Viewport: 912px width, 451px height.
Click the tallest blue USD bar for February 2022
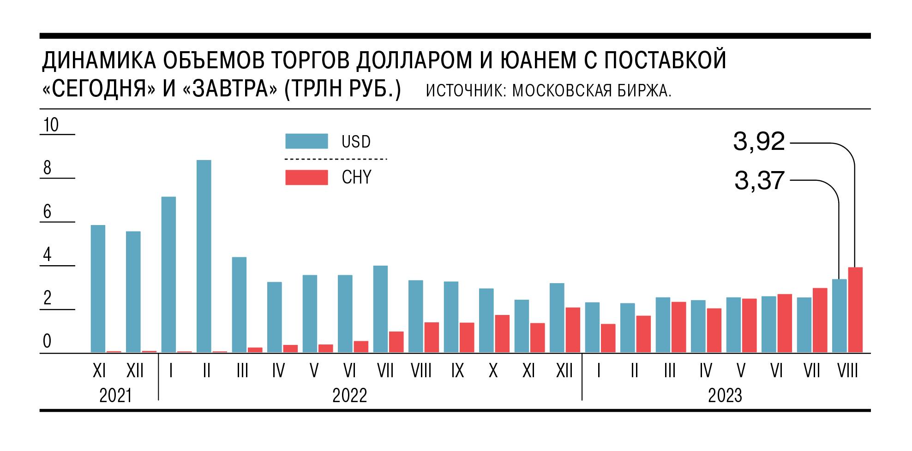pos(204,256)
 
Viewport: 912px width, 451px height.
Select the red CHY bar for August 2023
pos(855,310)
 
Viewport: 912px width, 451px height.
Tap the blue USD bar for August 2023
pos(839,316)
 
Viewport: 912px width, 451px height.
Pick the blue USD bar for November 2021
pos(98,289)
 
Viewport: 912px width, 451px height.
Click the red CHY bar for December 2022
pos(573,330)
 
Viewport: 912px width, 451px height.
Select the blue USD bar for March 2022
pos(239,304)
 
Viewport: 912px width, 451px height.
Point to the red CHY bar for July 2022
pos(396,342)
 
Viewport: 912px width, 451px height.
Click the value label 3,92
pos(759,142)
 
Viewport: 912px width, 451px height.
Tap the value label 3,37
pos(759,181)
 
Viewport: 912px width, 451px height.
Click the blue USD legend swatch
pos(306,141)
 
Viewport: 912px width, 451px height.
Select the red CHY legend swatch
pos(306,178)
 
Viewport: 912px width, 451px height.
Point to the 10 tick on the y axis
pos(51,125)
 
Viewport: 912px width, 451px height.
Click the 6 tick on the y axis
pos(47,212)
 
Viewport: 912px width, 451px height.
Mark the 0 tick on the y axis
pos(47,342)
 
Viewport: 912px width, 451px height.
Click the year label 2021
pos(115,396)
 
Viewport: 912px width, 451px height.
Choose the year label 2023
pos(725,396)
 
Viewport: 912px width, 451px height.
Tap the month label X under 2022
pos(493,371)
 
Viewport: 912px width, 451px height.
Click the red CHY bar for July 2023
pos(820,320)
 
